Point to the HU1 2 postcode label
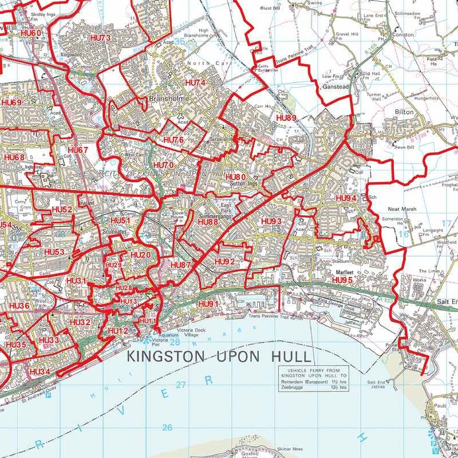point(118,331)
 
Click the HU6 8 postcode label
point(14,157)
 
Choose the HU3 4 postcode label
point(40,372)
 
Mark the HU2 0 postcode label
point(140,255)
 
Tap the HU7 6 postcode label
point(173,140)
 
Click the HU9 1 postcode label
point(208,304)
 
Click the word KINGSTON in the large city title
point(167,357)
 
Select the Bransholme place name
point(165,98)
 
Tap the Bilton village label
point(404,113)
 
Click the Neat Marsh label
point(402,210)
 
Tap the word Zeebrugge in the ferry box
point(293,388)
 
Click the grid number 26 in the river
point(167,428)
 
